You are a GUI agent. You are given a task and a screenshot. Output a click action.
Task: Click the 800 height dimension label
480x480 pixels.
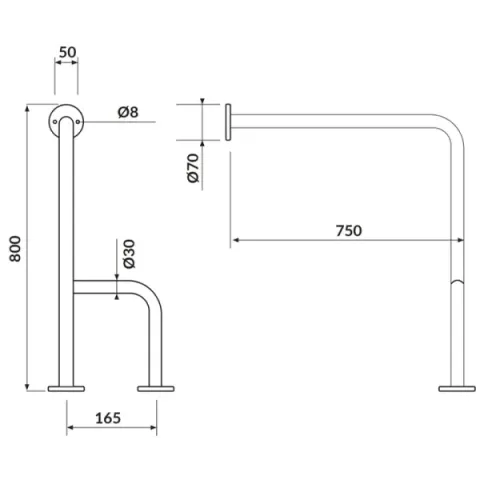coord(15,249)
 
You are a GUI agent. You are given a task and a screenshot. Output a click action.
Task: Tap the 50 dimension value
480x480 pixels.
coord(68,52)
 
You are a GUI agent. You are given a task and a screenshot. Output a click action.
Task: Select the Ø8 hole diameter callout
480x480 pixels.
coord(128,112)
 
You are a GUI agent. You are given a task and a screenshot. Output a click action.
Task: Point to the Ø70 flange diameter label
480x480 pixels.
coord(193,168)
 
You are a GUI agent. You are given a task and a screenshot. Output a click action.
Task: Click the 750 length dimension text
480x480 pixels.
coord(348,231)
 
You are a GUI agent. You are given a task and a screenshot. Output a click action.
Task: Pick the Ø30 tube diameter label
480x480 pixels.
coord(130,254)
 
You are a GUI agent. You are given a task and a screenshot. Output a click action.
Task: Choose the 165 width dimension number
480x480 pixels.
coord(108,418)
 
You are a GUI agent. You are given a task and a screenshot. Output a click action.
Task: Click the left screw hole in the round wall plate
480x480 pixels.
coord(55,122)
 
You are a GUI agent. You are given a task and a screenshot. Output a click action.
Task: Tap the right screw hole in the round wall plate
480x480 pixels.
coord(78,122)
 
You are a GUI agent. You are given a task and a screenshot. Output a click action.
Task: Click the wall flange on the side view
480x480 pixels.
coord(228,122)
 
